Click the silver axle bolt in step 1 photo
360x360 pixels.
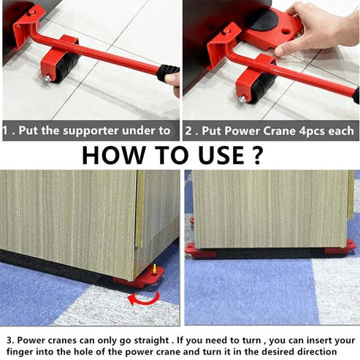[46, 78]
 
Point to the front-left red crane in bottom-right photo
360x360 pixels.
[200, 250]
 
